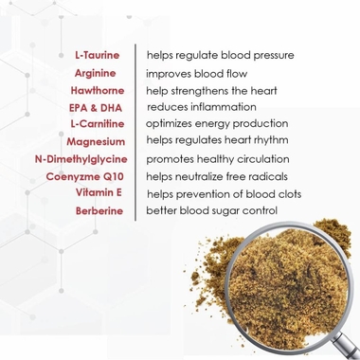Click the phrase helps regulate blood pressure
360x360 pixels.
click(220, 55)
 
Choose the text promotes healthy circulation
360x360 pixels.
click(218, 159)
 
